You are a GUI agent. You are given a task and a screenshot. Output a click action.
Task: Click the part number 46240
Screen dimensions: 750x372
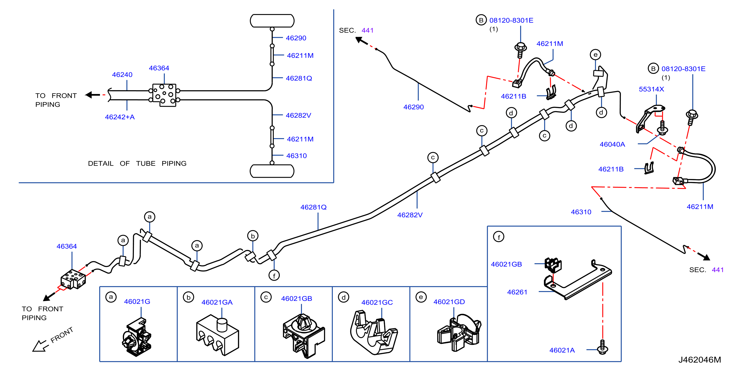coord(122,75)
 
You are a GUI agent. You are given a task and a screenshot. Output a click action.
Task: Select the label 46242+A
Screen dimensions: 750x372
coord(120,117)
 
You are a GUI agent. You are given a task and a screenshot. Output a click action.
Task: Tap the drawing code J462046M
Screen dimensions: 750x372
coord(699,360)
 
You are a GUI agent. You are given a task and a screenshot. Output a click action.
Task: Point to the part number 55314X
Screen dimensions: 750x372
coord(651,89)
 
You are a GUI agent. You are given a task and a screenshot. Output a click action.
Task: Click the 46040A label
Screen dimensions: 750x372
coord(612,144)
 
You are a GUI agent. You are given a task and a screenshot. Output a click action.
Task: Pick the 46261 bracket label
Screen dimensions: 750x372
coord(517,292)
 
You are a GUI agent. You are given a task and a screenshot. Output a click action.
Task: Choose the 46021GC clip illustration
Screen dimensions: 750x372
coord(373,332)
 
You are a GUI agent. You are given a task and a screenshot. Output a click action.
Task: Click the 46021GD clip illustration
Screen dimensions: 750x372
coord(459,333)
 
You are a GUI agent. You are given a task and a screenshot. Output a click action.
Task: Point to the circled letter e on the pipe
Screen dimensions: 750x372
coord(595,55)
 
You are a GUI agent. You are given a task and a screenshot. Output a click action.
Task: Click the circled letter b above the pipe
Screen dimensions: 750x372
coord(253,236)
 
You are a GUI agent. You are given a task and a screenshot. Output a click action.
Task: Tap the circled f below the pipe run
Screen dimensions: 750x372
coord(274,275)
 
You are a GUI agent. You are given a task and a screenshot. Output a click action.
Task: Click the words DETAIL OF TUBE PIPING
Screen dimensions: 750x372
coord(137,164)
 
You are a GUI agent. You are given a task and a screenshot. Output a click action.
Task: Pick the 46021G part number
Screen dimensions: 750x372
coord(137,302)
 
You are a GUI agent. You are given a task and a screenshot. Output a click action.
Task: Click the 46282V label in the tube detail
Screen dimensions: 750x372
coord(298,115)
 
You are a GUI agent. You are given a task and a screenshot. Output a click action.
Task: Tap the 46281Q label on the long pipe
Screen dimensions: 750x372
coord(313,207)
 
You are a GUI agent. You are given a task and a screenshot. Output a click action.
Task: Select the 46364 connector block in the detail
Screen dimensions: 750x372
coord(164,95)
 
